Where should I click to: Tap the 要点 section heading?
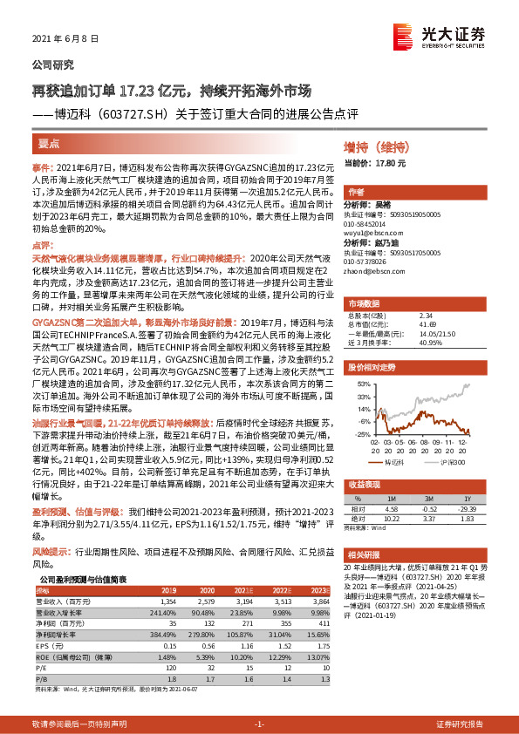tap(48, 142)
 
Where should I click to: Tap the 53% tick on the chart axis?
tap(362, 383)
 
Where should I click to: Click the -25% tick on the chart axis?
tap(361, 433)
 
